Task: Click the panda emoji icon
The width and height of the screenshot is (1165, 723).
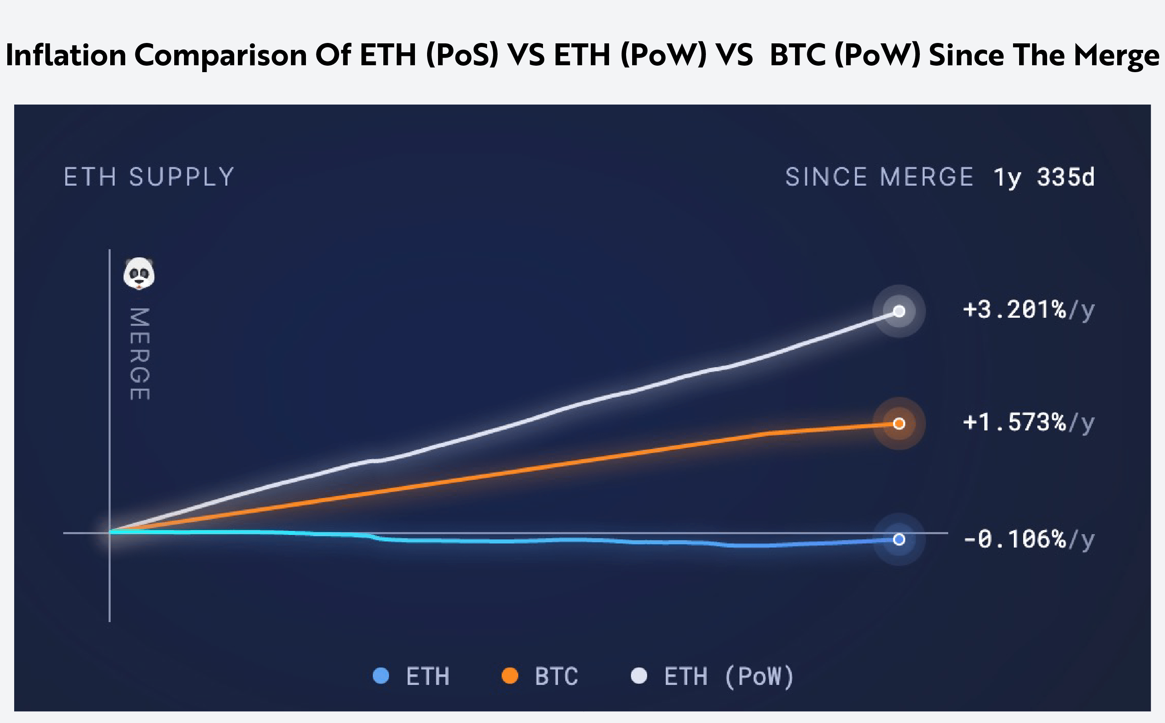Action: click(139, 274)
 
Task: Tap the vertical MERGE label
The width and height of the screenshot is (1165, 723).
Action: click(139, 354)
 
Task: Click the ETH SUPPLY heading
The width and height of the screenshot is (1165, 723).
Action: click(149, 177)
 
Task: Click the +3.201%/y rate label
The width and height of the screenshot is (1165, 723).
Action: click(1028, 310)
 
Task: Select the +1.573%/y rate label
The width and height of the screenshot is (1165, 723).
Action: click(1028, 423)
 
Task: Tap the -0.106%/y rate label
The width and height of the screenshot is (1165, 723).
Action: click(1028, 539)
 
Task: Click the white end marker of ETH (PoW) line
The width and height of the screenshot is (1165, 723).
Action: click(899, 311)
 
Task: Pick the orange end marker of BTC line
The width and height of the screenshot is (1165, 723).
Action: click(899, 424)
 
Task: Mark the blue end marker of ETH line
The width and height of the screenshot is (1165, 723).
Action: click(899, 539)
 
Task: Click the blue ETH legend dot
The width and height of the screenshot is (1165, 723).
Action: click(380, 676)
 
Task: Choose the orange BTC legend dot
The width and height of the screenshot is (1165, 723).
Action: click(510, 676)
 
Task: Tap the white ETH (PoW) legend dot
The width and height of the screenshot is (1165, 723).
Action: click(639, 676)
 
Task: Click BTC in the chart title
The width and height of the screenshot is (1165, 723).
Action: click(797, 55)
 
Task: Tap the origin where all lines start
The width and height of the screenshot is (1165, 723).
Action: click(110, 532)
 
